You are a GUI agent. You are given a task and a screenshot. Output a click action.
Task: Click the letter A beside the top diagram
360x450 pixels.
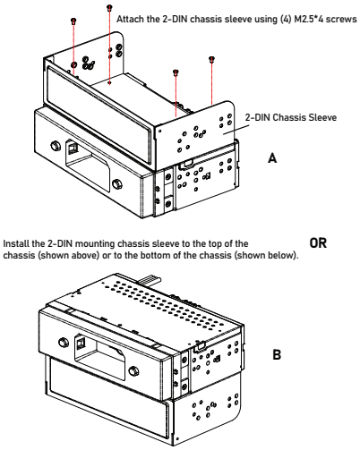272,157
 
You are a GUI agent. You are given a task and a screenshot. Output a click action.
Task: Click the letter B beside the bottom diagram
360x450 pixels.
277,354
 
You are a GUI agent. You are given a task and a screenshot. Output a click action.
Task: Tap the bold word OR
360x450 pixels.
318,243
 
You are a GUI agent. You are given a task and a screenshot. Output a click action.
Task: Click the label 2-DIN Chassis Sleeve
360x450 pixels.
291,117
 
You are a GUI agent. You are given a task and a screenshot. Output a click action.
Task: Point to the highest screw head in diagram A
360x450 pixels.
109,7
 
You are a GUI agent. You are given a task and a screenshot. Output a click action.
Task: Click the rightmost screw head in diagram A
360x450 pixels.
211,59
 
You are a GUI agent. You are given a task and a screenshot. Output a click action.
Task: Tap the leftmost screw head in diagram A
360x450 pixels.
73,21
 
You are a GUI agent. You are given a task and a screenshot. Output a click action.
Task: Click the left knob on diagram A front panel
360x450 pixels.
55,146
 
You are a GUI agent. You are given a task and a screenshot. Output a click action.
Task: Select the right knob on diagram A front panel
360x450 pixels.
117,183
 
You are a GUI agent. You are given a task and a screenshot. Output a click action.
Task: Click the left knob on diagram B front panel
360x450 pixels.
64,342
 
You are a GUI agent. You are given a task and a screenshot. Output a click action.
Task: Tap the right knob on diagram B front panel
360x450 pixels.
133,371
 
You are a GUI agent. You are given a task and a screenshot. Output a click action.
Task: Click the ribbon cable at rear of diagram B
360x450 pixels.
150,281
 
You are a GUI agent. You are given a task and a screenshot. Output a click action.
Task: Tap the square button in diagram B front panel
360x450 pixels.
80,344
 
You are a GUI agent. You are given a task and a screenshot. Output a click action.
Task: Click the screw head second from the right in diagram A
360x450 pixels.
176,72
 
